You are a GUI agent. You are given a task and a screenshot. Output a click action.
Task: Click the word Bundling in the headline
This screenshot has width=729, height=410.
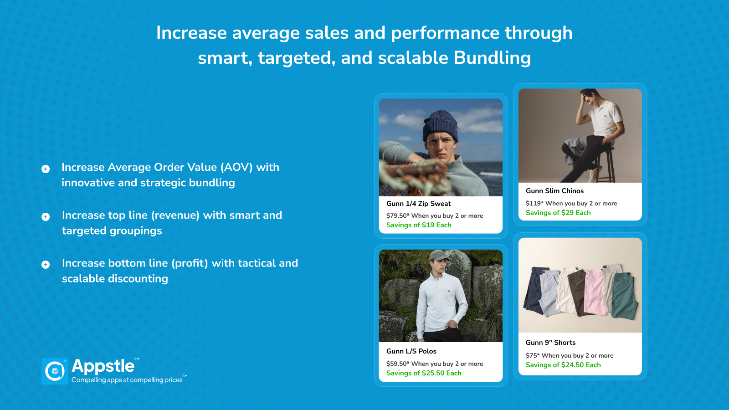click(492, 58)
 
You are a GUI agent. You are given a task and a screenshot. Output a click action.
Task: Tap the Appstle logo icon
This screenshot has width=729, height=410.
click(55, 371)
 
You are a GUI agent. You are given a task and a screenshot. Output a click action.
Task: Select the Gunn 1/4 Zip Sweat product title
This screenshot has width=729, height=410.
click(419, 204)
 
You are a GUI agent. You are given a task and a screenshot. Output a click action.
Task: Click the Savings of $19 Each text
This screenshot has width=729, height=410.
click(419, 225)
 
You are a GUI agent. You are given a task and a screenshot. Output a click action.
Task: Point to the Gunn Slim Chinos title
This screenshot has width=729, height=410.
click(554, 191)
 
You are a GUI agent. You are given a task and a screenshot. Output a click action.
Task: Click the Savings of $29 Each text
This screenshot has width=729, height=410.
click(558, 213)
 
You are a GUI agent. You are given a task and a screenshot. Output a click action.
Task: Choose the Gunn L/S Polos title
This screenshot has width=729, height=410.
click(411, 351)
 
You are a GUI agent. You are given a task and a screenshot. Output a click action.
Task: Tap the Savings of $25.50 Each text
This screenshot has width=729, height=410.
click(424, 373)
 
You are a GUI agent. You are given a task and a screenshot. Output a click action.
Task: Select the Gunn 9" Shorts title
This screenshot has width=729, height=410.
click(550, 343)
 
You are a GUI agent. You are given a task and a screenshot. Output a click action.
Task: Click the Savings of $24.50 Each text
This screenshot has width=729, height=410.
click(563, 365)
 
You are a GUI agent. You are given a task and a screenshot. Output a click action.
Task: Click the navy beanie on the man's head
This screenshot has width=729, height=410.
click(440, 126)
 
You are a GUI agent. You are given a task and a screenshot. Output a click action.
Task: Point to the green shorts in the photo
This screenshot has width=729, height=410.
click(624, 297)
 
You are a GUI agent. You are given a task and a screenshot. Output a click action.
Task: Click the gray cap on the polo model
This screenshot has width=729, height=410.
click(439, 256)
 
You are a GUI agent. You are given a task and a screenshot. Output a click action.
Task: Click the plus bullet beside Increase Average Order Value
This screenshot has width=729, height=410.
click(46, 169)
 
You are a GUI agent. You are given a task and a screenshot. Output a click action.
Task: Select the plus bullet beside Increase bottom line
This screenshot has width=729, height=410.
click(46, 265)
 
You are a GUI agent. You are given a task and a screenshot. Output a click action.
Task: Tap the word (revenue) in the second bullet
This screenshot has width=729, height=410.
click(175, 215)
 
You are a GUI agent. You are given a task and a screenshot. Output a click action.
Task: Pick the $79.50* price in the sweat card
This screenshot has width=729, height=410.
click(398, 216)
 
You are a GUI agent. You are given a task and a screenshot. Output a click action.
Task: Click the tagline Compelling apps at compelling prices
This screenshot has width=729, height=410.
click(127, 380)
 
